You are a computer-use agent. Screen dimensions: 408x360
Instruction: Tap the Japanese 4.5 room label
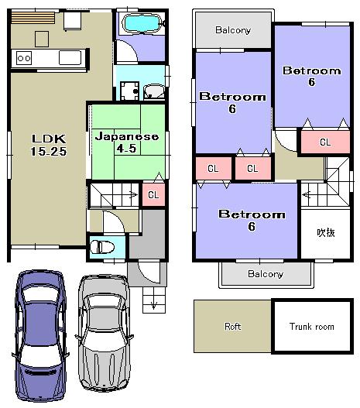[x=126, y=142]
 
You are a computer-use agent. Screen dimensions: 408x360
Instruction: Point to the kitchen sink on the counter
[x=68, y=57]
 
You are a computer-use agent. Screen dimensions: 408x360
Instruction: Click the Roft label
[x=232, y=327]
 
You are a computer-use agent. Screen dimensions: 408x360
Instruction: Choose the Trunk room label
[x=313, y=327]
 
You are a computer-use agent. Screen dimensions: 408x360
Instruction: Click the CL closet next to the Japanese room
[x=153, y=195]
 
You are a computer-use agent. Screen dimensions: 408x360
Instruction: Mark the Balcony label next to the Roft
[x=266, y=274]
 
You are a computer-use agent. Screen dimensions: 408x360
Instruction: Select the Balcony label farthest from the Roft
[x=232, y=30]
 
